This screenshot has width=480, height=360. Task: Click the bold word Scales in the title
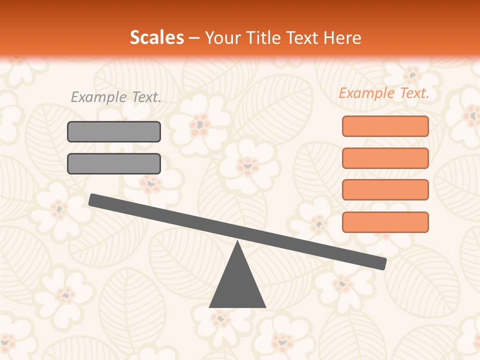click(x=157, y=37)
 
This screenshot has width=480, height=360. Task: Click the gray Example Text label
click(x=116, y=97)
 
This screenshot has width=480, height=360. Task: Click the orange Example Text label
click(x=384, y=93)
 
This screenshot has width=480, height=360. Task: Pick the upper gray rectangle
click(x=114, y=131)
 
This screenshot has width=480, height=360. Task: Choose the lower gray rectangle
click(x=114, y=163)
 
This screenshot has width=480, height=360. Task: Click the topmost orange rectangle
click(x=385, y=126)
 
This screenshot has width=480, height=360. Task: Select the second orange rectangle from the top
click(x=385, y=158)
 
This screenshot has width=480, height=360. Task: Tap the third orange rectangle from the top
click(x=385, y=189)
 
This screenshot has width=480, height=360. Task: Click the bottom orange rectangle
click(x=385, y=222)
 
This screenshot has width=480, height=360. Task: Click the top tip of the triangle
click(x=237, y=242)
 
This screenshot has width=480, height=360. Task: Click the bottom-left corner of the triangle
click(x=210, y=306)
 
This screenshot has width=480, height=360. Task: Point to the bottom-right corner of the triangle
click(x=265, y=306)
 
